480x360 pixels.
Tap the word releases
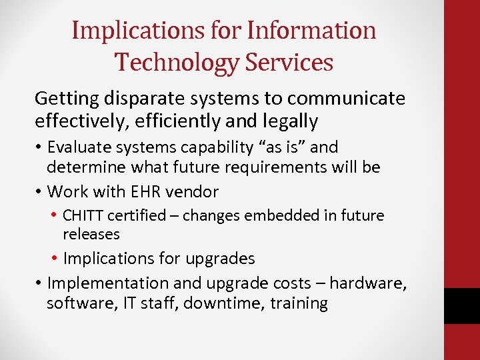(x=91, y=234)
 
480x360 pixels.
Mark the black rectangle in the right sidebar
(x=461, y=306)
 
